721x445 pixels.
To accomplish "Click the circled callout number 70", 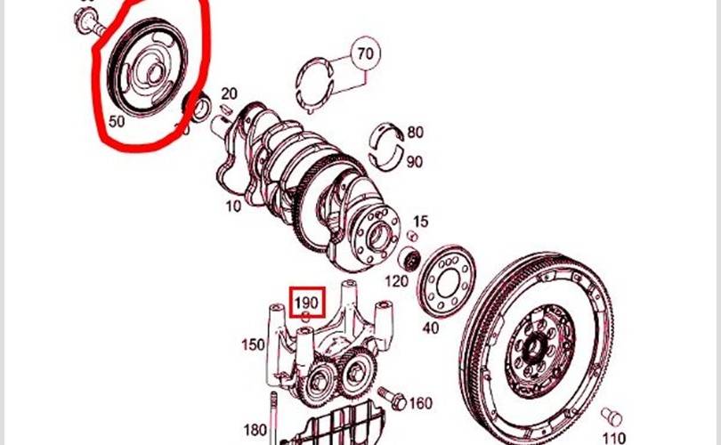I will pyautogui.click(x=365, y=54).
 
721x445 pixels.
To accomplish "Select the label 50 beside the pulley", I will pyautogui.click(x=117, y=121).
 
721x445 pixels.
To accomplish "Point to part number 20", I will pyautogui.click(x=229, y=93).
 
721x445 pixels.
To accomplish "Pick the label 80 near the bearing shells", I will pyautogui.click(x=415, y=133).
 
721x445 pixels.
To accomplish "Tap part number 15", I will pyautogui.click(x=421, y=221).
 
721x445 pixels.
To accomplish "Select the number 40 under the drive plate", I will pyautogui.click(x=430, y=328).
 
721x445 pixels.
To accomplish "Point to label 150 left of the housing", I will pyautogui.click(x=254, y=344).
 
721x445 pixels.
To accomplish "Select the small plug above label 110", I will pyautogui.click(x=612, y=417).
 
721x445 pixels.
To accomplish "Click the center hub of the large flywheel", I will pyautogui.click(x=539, y=344).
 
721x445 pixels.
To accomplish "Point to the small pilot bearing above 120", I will pyautogui.click(x=410, y=262).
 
